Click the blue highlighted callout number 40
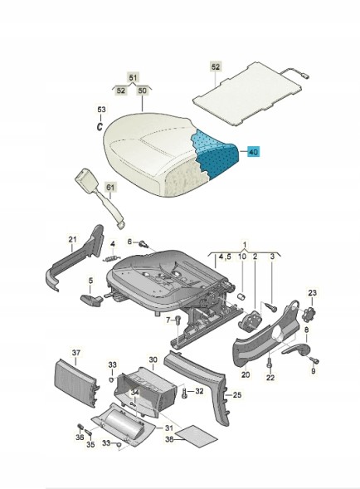coord(253,152)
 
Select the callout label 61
coord(110,188)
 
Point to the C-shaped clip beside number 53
coord(100,127)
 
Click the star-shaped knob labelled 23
coord(309,313)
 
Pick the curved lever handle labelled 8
coord(296,350)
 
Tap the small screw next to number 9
coord(314,360)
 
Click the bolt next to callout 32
coord(184,393)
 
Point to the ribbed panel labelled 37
coord(76,383)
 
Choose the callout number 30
coord(153,359)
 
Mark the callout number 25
coord(237,395)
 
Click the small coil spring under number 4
coord(111,258)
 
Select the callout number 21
coord(72,239)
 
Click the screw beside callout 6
coord(144,243)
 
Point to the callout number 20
coord(246,374)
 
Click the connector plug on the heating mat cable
coord(304,75)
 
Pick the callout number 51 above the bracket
coord(134,77)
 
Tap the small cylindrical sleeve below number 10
coord(241,296)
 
